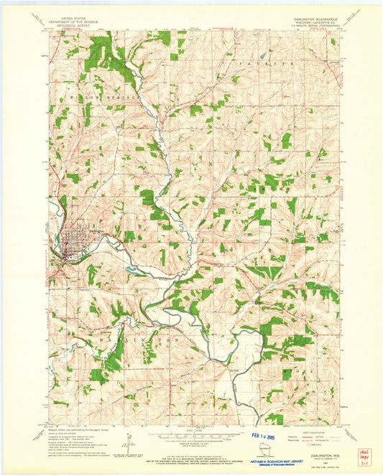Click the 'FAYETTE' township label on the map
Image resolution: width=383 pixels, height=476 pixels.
[x=273, y=65]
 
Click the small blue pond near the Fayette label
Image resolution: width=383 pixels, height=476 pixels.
[x=263, y=55]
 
